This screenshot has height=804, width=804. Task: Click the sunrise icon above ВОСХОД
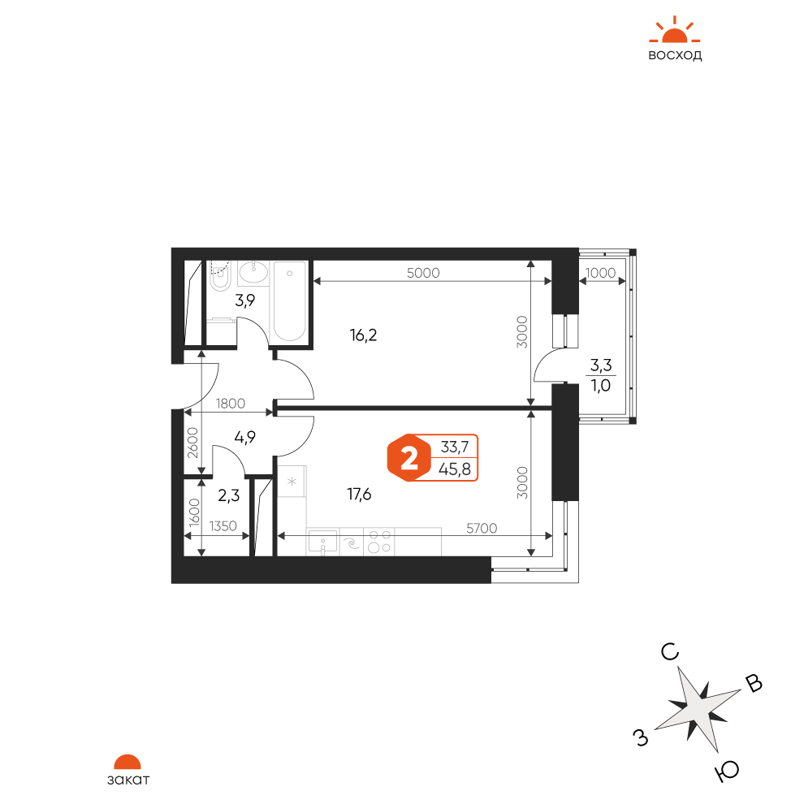click(x=674, y=30)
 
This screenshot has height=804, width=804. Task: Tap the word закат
click(x=128, y=780)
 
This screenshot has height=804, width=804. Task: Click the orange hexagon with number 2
click(x=408, y=458)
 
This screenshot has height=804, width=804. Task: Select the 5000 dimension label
click(x=423, y=273)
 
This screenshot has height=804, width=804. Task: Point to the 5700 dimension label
click(x=482, y=528)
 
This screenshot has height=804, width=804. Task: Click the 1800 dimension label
click(x=230, y=404)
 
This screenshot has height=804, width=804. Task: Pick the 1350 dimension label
click(x=223, y=525)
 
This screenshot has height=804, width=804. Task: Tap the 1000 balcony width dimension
click(x=600, y=273)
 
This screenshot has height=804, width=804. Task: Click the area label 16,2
click(x=363, y=335)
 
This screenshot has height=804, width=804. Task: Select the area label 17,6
click(x=359, y=495)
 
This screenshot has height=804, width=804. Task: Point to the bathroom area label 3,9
click(x=244, y=300)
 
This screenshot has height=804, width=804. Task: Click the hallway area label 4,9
click(x=244, y=438)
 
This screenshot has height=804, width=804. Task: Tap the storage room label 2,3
click(x=229, y=495)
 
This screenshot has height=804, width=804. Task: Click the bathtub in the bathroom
click(x=290, y=301)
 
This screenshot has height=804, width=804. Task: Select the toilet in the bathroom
click(x=220, y=276)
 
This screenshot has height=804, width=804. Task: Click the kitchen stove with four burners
click(x=379, y=542)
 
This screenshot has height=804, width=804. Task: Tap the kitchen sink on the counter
click(x=322, y=542)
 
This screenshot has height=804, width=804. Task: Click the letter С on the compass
click(x=670, y=652)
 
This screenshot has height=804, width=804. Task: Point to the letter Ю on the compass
click(x=727, y=771)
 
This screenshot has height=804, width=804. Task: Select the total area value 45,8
click(x=455, y=469)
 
